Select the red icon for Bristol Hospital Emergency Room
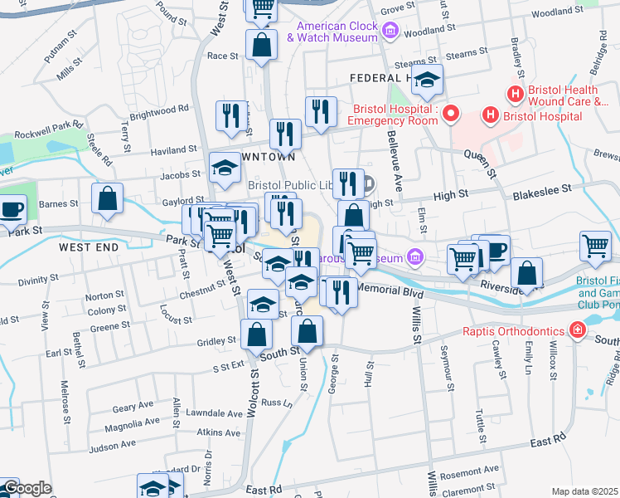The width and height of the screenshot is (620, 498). coord(452,114)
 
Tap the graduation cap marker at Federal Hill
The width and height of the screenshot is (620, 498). coord(428,80)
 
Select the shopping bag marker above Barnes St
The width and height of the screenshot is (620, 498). coord(108,199)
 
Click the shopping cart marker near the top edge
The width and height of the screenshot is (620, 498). coord(263,7)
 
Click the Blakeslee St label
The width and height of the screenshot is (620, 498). coord(543,189)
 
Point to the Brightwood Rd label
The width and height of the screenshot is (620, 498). coord(160,109)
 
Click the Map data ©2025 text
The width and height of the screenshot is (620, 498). coord(584,491)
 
